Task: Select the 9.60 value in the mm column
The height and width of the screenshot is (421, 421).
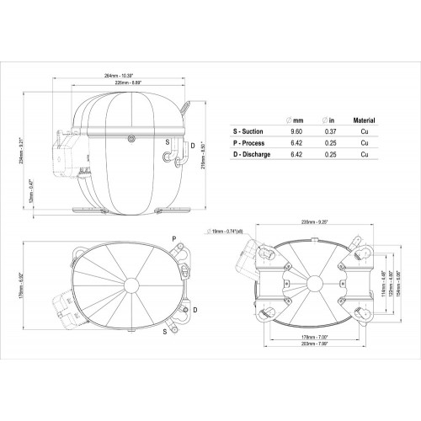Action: pos(295,132)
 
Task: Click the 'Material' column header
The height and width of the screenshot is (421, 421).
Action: pos(364,121)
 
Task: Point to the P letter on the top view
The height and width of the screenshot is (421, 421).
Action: pos(174,239)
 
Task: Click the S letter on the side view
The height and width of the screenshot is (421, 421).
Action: pos(167,142)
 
